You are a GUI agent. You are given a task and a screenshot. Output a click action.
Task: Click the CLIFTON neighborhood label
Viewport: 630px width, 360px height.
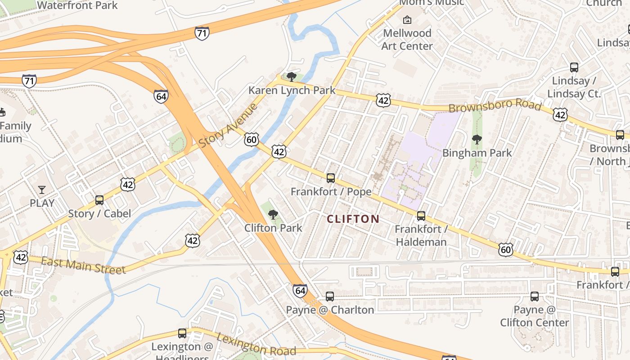coord(353,219)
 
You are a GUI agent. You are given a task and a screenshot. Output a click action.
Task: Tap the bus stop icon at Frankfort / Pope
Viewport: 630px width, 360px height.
coord(331,178)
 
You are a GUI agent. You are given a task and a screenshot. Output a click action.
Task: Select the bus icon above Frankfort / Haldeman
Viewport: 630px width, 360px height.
coord(421,216)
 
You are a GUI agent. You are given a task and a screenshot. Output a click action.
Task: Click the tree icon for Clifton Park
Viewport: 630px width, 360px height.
coord(273,215)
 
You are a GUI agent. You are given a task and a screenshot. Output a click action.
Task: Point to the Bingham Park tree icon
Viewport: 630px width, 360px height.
coord(477,139)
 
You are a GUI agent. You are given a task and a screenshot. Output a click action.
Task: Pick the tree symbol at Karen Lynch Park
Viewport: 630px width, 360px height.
coord(292,77)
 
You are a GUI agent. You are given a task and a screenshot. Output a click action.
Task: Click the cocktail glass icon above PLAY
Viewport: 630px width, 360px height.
coord(42,189)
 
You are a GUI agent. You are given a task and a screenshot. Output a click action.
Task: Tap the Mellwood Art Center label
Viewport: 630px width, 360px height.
coord(407,40)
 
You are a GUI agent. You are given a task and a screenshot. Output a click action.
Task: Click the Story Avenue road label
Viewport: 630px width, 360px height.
coord(228,125)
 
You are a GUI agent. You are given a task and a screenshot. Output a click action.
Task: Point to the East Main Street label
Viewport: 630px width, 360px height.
coord(83,265)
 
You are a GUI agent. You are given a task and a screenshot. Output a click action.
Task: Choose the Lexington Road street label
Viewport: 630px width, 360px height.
coord(256,345)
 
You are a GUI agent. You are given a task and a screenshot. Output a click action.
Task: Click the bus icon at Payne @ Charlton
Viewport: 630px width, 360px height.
coord(330,297)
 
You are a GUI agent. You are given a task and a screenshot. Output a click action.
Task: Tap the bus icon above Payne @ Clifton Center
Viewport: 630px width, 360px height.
coord(535,297)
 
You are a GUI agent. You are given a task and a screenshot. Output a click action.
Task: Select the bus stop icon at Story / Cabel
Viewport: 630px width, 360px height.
coord(99,200)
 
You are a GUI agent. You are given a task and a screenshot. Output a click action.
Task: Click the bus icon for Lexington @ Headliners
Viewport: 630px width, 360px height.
coord(182,333)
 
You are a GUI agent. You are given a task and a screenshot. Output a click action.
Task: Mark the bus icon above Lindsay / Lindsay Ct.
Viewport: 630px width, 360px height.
coord(574,67)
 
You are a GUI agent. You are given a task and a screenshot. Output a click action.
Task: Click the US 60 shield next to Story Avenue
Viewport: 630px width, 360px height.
coord(252,139)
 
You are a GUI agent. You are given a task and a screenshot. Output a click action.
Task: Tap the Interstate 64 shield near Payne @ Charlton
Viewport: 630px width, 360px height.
coord(300,290)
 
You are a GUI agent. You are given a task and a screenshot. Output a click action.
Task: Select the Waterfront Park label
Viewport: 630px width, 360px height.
coord(77,5)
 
